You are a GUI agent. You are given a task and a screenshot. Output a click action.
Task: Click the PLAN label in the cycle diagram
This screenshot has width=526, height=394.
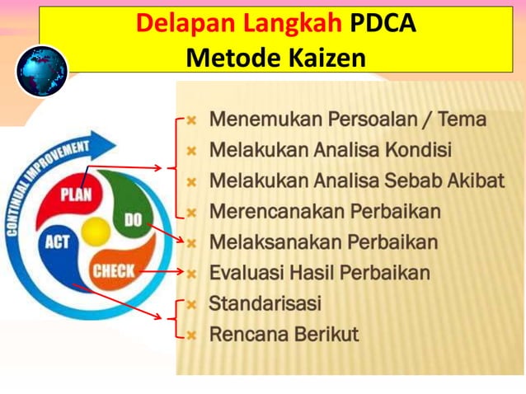[x=75, y=195]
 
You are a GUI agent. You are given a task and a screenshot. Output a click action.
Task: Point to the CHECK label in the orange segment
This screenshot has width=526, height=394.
[x=115, y=270]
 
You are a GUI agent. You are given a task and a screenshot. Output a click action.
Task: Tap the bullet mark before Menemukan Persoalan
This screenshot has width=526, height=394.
[x=191, y=120]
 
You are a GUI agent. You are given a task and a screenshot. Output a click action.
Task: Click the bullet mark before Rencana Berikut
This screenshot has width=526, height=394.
[x=191, y=335]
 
